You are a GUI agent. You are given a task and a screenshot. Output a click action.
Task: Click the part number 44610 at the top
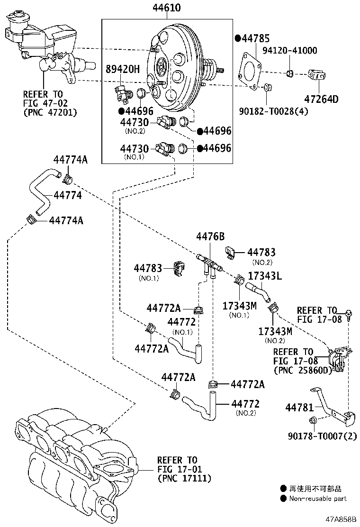coord(167,8)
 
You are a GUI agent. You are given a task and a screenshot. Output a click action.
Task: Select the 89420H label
coord(123,69)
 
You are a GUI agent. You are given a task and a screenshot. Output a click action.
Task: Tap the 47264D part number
coord(321,99)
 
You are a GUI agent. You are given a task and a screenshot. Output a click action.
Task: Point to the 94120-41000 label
coord(289,50)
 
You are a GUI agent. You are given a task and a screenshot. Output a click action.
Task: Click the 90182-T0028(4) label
coord(273,111)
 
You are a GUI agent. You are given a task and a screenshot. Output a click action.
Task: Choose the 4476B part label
coord(210,236)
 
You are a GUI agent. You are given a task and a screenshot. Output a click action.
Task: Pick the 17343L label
coord(265,276)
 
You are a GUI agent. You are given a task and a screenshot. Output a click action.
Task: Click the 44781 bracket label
coord(299,408)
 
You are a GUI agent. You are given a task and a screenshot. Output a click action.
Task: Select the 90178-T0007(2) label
coord(322,436)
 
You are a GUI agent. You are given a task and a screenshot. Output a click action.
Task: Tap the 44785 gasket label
coord(256,39)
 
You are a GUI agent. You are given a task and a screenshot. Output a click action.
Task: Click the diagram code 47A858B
coord(340,519)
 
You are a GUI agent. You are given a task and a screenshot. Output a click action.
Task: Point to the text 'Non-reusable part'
coord(318,499)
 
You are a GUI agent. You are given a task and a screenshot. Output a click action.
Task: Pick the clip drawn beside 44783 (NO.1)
coord(179,269)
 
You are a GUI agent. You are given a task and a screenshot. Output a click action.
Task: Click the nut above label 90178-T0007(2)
coord(313,420)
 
